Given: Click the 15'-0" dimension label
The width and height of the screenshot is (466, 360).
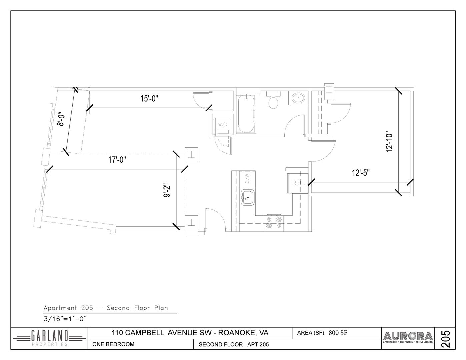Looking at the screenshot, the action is pos(149,99).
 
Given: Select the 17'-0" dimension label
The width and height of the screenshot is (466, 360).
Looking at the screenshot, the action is pos(117,160).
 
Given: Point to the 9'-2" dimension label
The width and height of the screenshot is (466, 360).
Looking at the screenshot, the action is pos(167,190).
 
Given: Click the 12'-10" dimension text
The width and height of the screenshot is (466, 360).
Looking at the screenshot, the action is pos(389,142).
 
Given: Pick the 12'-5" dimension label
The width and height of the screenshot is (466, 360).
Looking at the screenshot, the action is pos(361,173).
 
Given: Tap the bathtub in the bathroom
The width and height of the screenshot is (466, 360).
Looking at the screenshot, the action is pos(246,114).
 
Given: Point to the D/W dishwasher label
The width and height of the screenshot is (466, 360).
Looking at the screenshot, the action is pos(247,178).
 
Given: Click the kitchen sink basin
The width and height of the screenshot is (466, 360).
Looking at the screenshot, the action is pos(247,197).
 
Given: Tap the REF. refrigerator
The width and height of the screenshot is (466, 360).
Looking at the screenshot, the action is pos(298,183).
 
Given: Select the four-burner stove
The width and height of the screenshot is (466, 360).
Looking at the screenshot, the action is pos(274,223).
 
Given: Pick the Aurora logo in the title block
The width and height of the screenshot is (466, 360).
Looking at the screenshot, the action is pos(408,338).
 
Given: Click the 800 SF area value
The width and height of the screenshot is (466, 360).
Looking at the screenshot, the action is pos(338,333).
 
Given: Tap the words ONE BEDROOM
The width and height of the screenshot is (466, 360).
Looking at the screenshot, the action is pos(113,344).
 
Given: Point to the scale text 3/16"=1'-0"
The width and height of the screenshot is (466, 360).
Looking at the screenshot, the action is pos(65,319).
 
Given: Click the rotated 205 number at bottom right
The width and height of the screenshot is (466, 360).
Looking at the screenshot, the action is pos(445,339).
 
